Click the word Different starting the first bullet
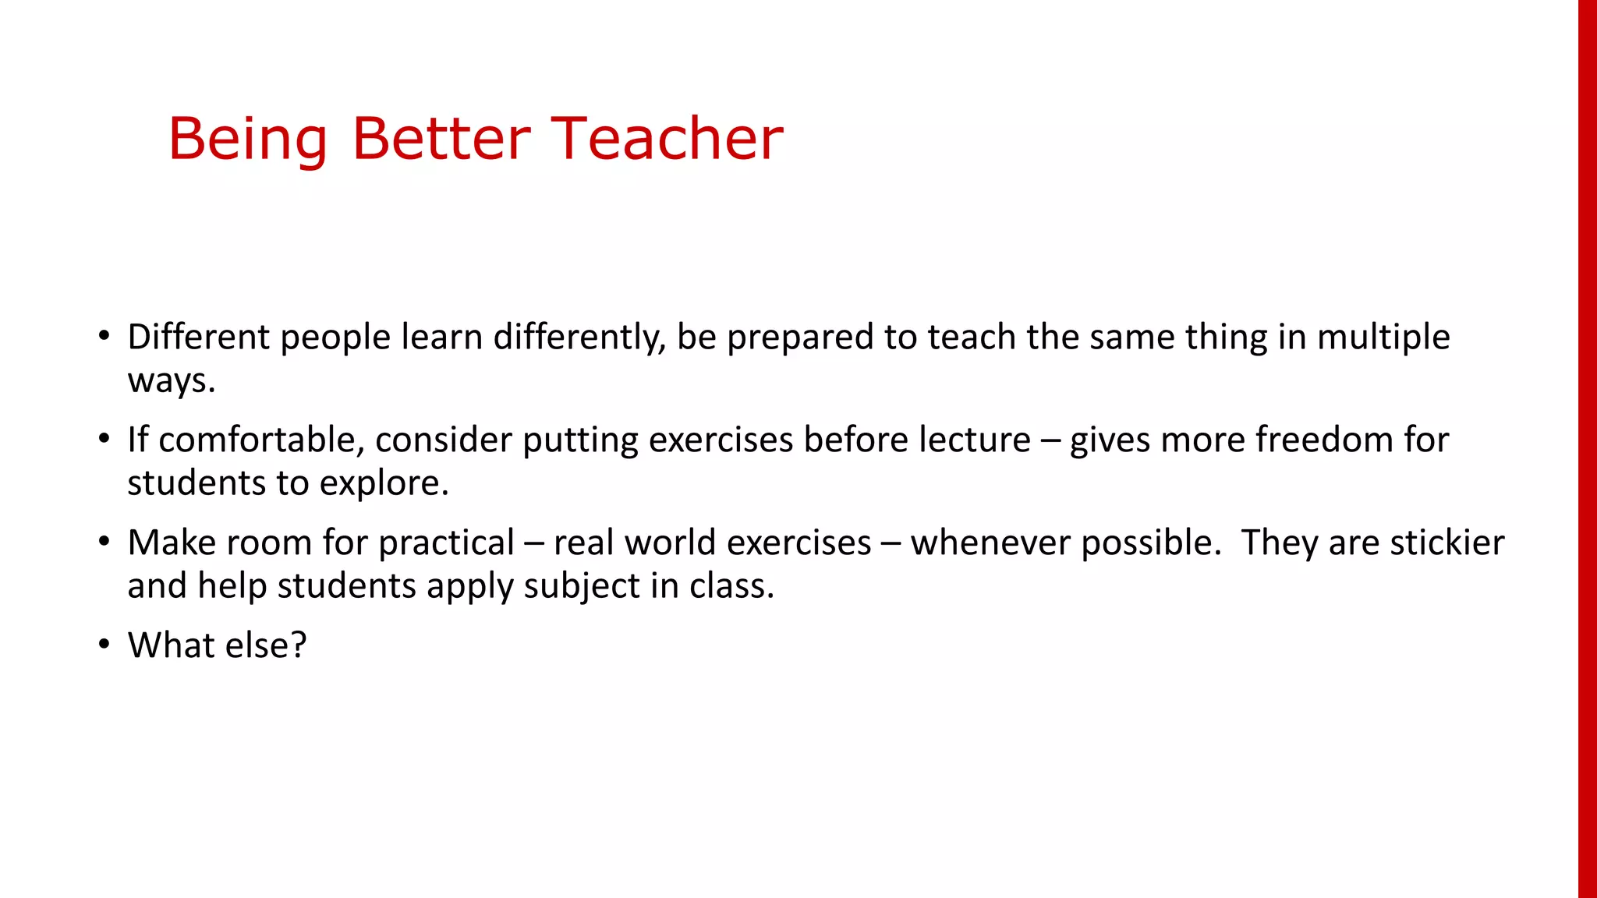199,337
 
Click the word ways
171,380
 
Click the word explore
384,483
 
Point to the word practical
446,543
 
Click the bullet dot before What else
104,645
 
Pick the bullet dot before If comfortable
104,439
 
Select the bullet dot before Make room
104,542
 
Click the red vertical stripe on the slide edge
1587,449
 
